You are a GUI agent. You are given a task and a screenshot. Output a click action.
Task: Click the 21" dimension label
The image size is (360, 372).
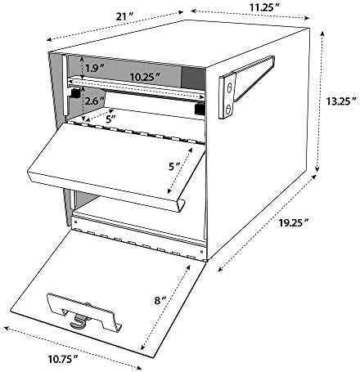coord(124,17)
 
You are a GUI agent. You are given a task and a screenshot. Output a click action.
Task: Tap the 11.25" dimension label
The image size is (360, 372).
coord(265,7)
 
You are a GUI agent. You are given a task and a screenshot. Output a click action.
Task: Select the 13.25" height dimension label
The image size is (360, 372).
coord(341,101)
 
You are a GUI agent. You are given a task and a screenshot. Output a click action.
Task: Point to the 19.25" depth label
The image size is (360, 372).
coord(294,223)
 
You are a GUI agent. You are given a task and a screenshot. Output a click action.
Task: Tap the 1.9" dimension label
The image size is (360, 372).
coord(94,68)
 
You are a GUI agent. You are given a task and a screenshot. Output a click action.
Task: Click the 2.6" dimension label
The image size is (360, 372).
coord(94,101)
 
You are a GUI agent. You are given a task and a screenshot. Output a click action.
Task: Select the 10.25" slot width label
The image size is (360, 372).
coord(145,77)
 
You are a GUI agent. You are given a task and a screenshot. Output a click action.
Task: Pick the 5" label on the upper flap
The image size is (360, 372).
coord(174,167)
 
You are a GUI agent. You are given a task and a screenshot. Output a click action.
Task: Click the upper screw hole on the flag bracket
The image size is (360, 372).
coord(230,88)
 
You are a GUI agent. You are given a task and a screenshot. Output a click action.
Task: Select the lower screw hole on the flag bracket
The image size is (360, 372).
coord(228,110)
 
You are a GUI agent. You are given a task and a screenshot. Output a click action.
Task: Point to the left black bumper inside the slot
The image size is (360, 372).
coord(75,92)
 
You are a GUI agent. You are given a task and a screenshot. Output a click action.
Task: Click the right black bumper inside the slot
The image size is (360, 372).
coord(200,109)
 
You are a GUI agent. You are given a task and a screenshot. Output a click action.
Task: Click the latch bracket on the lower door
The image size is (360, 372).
coord(84,312)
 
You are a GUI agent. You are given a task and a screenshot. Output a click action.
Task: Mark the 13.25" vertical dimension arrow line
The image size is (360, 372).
coord(320,101)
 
